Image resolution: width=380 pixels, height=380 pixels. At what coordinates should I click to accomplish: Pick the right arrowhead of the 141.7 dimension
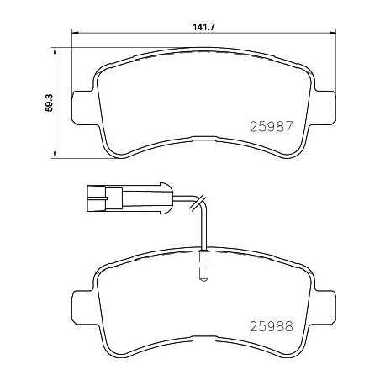(337, 34)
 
